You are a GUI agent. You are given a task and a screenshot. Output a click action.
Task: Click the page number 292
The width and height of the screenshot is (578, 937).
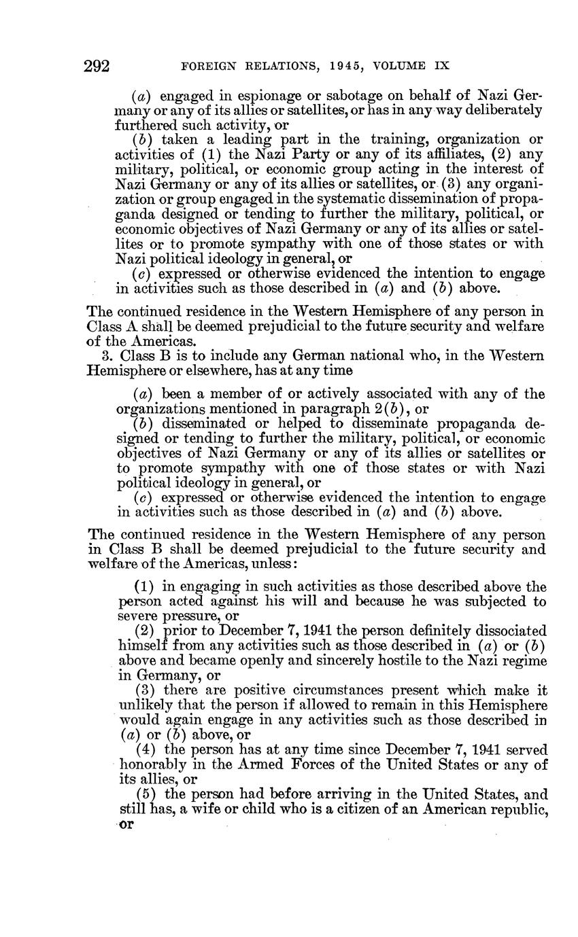click(x=97, y=67)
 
